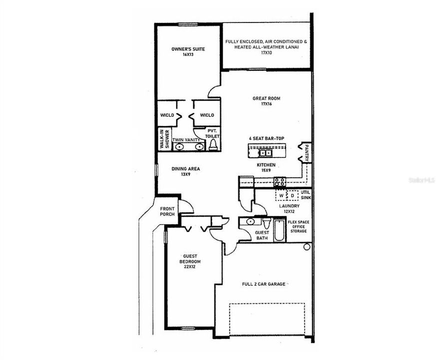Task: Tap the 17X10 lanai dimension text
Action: coord(267,52)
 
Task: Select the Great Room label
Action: coord(266,98)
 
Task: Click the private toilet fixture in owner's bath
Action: coord(213,144)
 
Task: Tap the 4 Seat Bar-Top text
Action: coord(266,138)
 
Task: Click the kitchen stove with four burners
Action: coord(280,182)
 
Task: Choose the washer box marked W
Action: coord(282,195)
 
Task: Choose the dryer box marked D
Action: coord(293,195)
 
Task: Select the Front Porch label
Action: coord(167,211)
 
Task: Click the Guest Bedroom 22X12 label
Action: coord(190,261)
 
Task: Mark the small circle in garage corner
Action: coord(307,246)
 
